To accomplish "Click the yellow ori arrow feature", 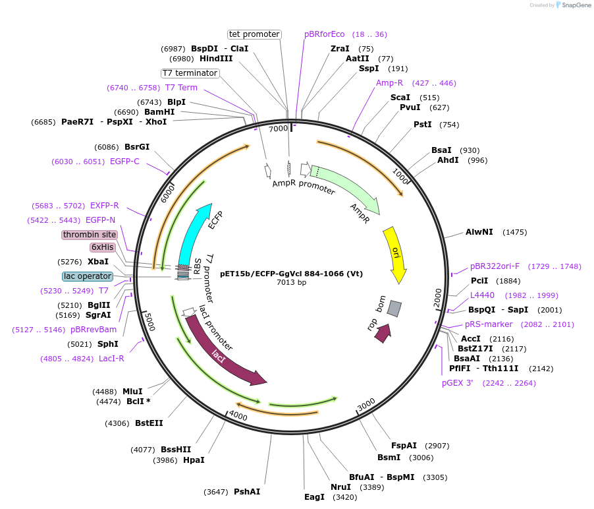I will click(x=396, y=251).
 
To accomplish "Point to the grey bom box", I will click(x=394, y=308).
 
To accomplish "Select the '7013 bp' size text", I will click(x=291, y=282).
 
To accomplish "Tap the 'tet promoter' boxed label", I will click(x=254, y=34).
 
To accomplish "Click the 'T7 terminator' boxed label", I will click(x=190, y=73).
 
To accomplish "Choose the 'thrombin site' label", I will click(x=90, y=235).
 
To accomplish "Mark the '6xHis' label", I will click(x=103, y=247).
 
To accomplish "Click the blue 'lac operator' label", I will click(x=88, y=276).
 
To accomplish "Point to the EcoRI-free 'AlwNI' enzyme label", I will click(x=479, y=232).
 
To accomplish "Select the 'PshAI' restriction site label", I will click(x=247, y=491).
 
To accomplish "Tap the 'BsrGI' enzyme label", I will click(x=137, y=147).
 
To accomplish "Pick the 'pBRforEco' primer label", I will click(x=324, y=34).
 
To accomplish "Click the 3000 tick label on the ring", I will click(x=366, y=403).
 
